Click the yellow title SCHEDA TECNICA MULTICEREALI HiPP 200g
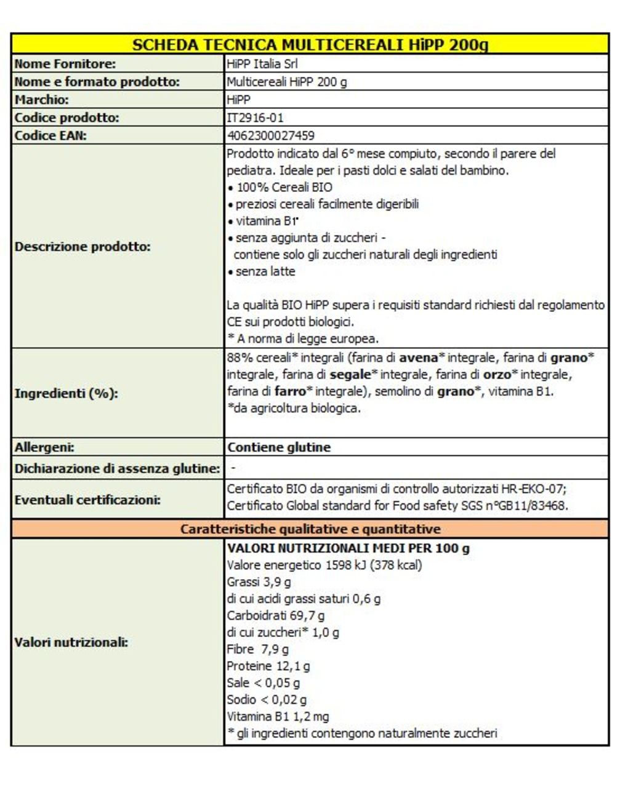coord(310,44)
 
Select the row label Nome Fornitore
coord(65,63)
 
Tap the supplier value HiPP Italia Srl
coord(263,63)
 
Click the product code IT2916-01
coord(256,118)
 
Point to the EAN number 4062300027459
coord(271,135)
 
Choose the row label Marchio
coord(41,100)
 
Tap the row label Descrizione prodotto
coord(83,247)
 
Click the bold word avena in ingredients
coord(418,358)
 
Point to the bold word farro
coord(290,391)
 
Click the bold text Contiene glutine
coord(279,447)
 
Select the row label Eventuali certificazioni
coord(87,500)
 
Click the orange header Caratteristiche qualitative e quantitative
coord(310,529)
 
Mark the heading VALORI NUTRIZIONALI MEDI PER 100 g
coord(348,548)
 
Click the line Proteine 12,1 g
coord(268,666)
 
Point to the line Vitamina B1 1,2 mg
coord(278,716)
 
